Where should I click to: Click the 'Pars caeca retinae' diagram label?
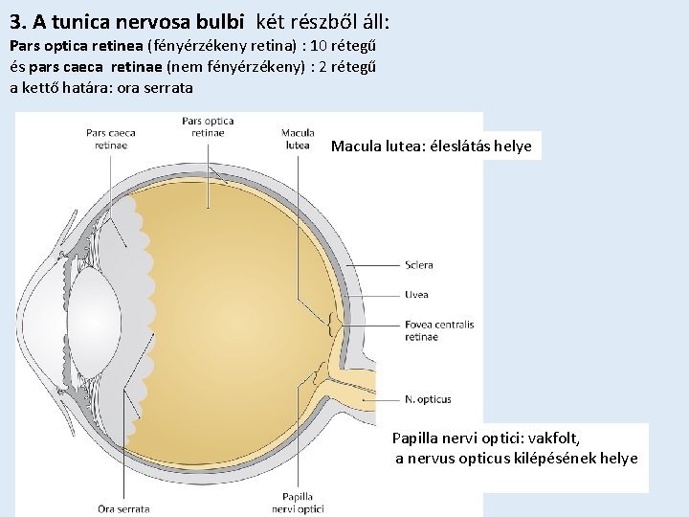coord(111,139)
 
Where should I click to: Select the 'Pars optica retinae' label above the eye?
coord(208,127)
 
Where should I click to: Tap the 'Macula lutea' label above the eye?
coord(298,139)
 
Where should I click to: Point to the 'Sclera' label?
coord(418,265)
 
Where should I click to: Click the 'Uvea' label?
coord(416,295)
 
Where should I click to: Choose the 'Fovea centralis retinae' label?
coord(438,330)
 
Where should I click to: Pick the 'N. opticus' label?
coord(428,399)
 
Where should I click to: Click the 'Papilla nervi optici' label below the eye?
coord(298,503)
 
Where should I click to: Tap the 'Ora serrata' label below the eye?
coord(123,508)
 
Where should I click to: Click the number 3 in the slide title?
coord(14,20)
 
